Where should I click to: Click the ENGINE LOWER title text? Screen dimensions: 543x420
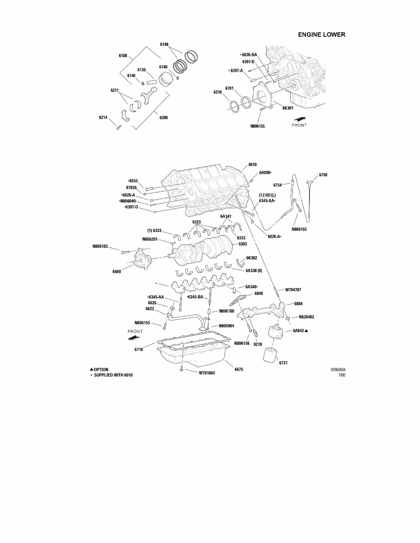[322, 35]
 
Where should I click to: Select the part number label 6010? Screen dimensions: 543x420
[252, 165]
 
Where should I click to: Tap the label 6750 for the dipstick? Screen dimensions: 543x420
[323, 175]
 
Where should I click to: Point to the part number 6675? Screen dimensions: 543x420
[239, 369]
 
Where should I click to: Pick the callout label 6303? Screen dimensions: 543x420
[243, 244]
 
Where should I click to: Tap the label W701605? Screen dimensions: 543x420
[207, 373]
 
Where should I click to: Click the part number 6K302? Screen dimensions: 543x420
[251, 258]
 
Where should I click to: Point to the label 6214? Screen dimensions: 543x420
[103, 118]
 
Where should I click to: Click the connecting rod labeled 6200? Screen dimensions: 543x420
[148, 96]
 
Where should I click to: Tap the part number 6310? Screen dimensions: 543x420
[217, 92]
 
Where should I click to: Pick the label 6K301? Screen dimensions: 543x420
[287, 108]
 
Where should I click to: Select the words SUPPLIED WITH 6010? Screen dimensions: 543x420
[113, 375]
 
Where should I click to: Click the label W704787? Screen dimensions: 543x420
[293, 290]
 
